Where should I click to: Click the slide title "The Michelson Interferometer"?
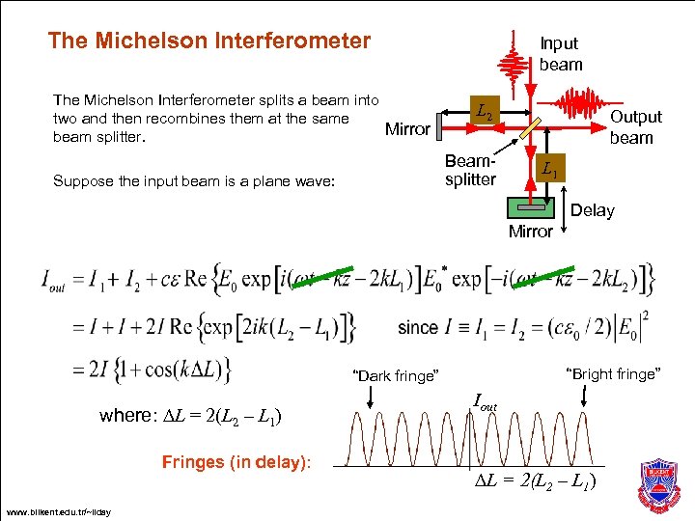click(x=208, y=41)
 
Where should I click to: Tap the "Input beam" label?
click(x=560, y=54)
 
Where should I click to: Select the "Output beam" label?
click(x=634, y=126)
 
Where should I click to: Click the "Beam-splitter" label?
click(x=470, y=170)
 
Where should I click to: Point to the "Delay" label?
click(x=592, y=210)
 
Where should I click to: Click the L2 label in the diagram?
click(x=485, y=115)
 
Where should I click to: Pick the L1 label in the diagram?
click(x=548, y=171)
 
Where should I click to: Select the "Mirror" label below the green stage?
click(x=530, y=232)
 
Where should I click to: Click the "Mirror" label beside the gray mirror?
click(x=407, y=129)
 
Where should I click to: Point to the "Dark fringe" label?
click(x=396, y=375)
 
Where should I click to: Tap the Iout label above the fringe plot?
click(x=486, y=400)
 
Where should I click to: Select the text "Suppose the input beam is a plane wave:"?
click(x=194, y=178)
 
